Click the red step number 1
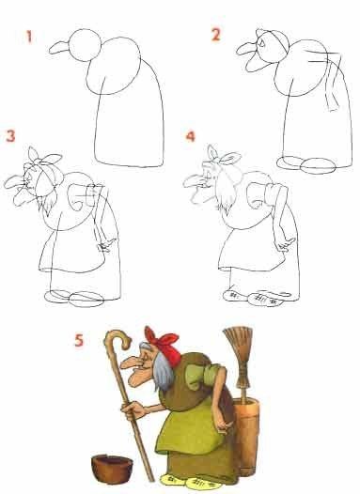(x=29, y=37)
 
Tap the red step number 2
(x=215, y=35)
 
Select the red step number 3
(x=10, y=136)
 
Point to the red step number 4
(x=191, y=136)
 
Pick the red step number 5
(x=79, y=340)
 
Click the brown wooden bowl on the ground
(x=112, y=469)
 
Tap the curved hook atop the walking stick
(x=118, y=337)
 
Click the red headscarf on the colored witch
(x=164, y=344)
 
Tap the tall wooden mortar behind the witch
(x=246, y=437)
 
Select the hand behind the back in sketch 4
(x=285, y=245)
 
